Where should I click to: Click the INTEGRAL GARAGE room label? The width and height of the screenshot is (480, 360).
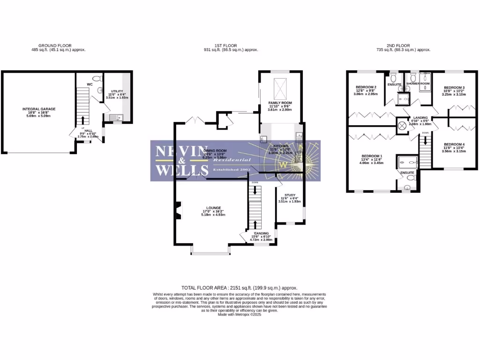click(39, 109)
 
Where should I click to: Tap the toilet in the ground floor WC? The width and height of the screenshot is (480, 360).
click(97, 78)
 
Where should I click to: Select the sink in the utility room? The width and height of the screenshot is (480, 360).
click(116, 118)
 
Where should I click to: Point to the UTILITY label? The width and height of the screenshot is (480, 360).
click(116, 91)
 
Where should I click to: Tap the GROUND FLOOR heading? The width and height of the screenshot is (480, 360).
click(55, 46)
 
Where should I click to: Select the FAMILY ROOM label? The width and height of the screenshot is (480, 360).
click(280, 102)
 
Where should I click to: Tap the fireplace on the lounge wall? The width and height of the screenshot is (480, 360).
click(178, 210)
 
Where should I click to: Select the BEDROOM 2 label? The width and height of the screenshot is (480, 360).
click(366, 87)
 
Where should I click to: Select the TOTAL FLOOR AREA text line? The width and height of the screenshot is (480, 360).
click(239, 288)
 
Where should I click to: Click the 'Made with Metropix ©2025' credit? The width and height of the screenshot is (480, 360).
click(240, 315)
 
